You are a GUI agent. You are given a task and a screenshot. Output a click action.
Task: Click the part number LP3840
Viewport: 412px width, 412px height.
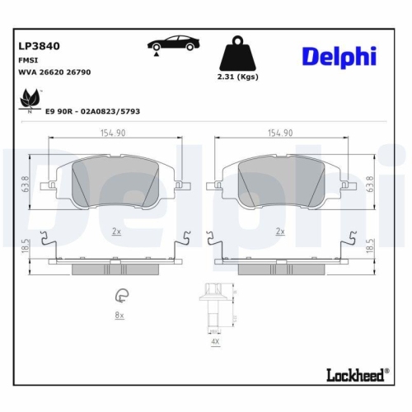click(x=39, y=47)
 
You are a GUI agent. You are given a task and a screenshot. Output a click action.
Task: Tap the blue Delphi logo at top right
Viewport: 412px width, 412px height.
click(x=338, y=56)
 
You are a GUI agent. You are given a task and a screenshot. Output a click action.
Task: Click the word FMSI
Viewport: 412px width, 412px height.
click(x=27, y=60)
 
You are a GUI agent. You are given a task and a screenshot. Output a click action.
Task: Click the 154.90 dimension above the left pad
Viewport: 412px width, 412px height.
click(x=115, y=132)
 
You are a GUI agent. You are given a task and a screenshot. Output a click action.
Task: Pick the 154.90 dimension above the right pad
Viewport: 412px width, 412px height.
click(x=280, y=132)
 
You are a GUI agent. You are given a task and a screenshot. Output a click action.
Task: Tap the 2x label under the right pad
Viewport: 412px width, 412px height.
click(x=280, y=232)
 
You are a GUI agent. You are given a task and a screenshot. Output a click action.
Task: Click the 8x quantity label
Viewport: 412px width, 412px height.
click(x=119, y=316)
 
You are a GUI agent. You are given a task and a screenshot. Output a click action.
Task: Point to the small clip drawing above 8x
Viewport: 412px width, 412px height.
click(x=120, y=297)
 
